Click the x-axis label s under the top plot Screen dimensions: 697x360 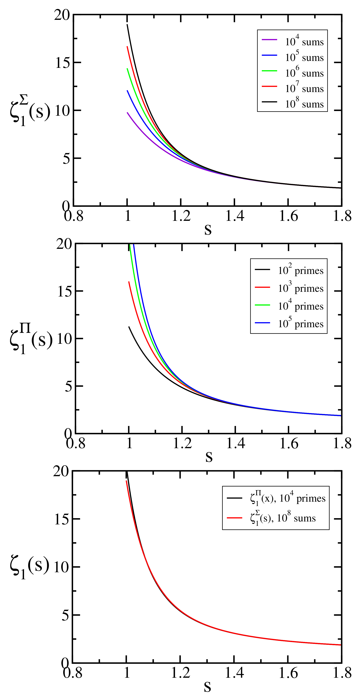tap(208, 229)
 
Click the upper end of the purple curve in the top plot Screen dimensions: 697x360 tap(127, 113)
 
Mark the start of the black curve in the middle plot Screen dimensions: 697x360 tap(129, 327)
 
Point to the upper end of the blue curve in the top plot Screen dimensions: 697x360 tap(127, 91)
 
